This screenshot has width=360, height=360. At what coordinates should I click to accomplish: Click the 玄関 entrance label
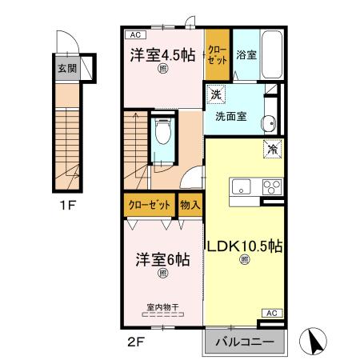[67, 68]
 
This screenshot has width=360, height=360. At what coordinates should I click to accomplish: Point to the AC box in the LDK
[270, 313]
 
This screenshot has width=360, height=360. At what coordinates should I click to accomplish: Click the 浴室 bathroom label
[246, 55]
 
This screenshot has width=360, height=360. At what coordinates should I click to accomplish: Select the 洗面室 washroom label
[230, 116]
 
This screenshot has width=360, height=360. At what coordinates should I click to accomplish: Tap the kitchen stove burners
[270, 189]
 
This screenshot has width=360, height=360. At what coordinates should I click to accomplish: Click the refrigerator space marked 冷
[272, 150]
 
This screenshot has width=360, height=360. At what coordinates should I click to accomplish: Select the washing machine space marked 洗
[215, 95]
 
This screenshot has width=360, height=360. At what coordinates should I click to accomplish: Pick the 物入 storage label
[190, 206]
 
